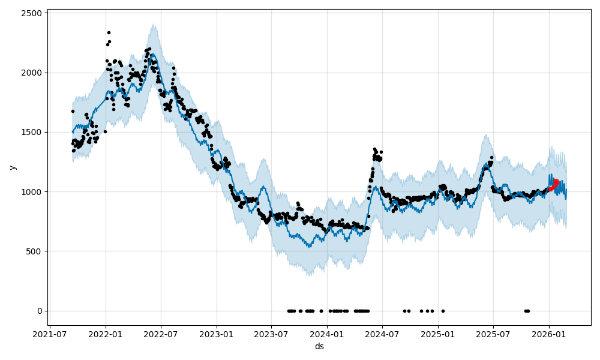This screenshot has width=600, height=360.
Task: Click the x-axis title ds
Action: click(319, 346)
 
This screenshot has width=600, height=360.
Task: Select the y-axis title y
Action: click(12, 167)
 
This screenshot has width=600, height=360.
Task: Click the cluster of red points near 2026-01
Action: click(554, 184)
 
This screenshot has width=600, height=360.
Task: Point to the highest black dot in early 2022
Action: click(109, 32)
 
